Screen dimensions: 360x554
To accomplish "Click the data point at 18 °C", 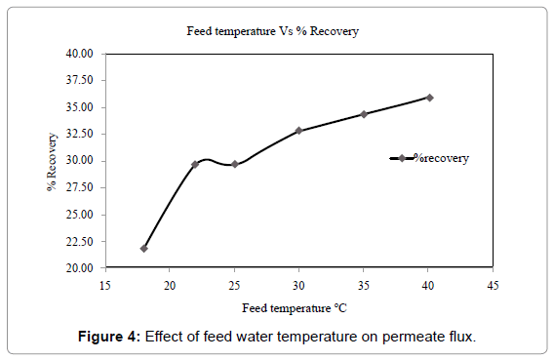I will tap(144, 248).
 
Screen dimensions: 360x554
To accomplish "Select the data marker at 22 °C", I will tap(195, 164).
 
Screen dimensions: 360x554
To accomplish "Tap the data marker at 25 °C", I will tap(234, 164).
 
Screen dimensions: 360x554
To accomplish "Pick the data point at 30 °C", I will tap(298, 130).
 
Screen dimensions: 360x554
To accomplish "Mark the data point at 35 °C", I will tap(364, 114).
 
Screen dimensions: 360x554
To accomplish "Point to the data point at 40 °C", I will tap(429, 98).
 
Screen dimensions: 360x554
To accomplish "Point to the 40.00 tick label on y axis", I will tap(78, 54).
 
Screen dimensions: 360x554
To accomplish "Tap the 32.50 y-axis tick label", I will tap(78, 134).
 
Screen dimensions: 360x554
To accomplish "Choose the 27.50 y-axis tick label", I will tap(78, 187).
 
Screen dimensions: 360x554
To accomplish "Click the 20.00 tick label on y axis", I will tap(78, 267).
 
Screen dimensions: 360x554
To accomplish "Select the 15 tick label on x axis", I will tap(105, 285).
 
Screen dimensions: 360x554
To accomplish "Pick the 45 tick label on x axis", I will tap(493, 285).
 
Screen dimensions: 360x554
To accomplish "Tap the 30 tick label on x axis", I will tap(298, 285).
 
